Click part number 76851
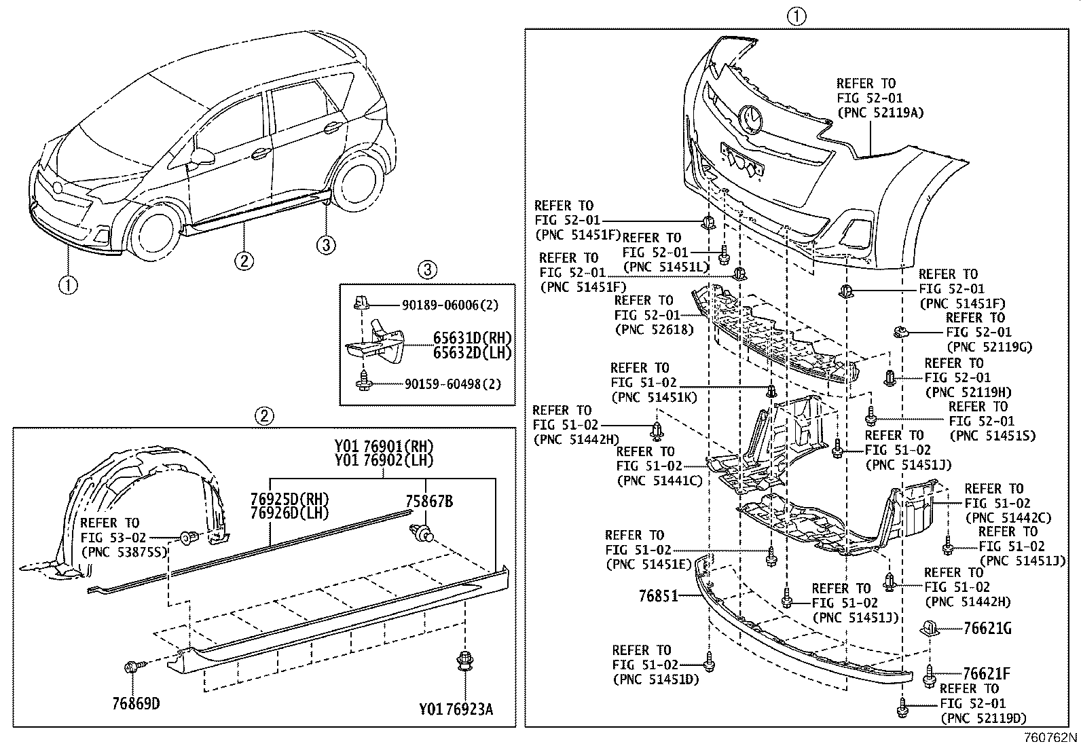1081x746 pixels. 658,596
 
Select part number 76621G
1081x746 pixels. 987,629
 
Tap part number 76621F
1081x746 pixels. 987,674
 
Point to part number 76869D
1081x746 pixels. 136,703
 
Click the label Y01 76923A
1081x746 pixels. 456,710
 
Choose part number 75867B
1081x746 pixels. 429,502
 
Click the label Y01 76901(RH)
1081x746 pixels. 384,446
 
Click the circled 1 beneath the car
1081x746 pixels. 68,285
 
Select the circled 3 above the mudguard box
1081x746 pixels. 427,270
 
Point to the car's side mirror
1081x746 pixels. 202,157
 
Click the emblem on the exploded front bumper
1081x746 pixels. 752,119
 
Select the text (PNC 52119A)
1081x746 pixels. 880,113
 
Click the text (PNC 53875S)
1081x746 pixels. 124,552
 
